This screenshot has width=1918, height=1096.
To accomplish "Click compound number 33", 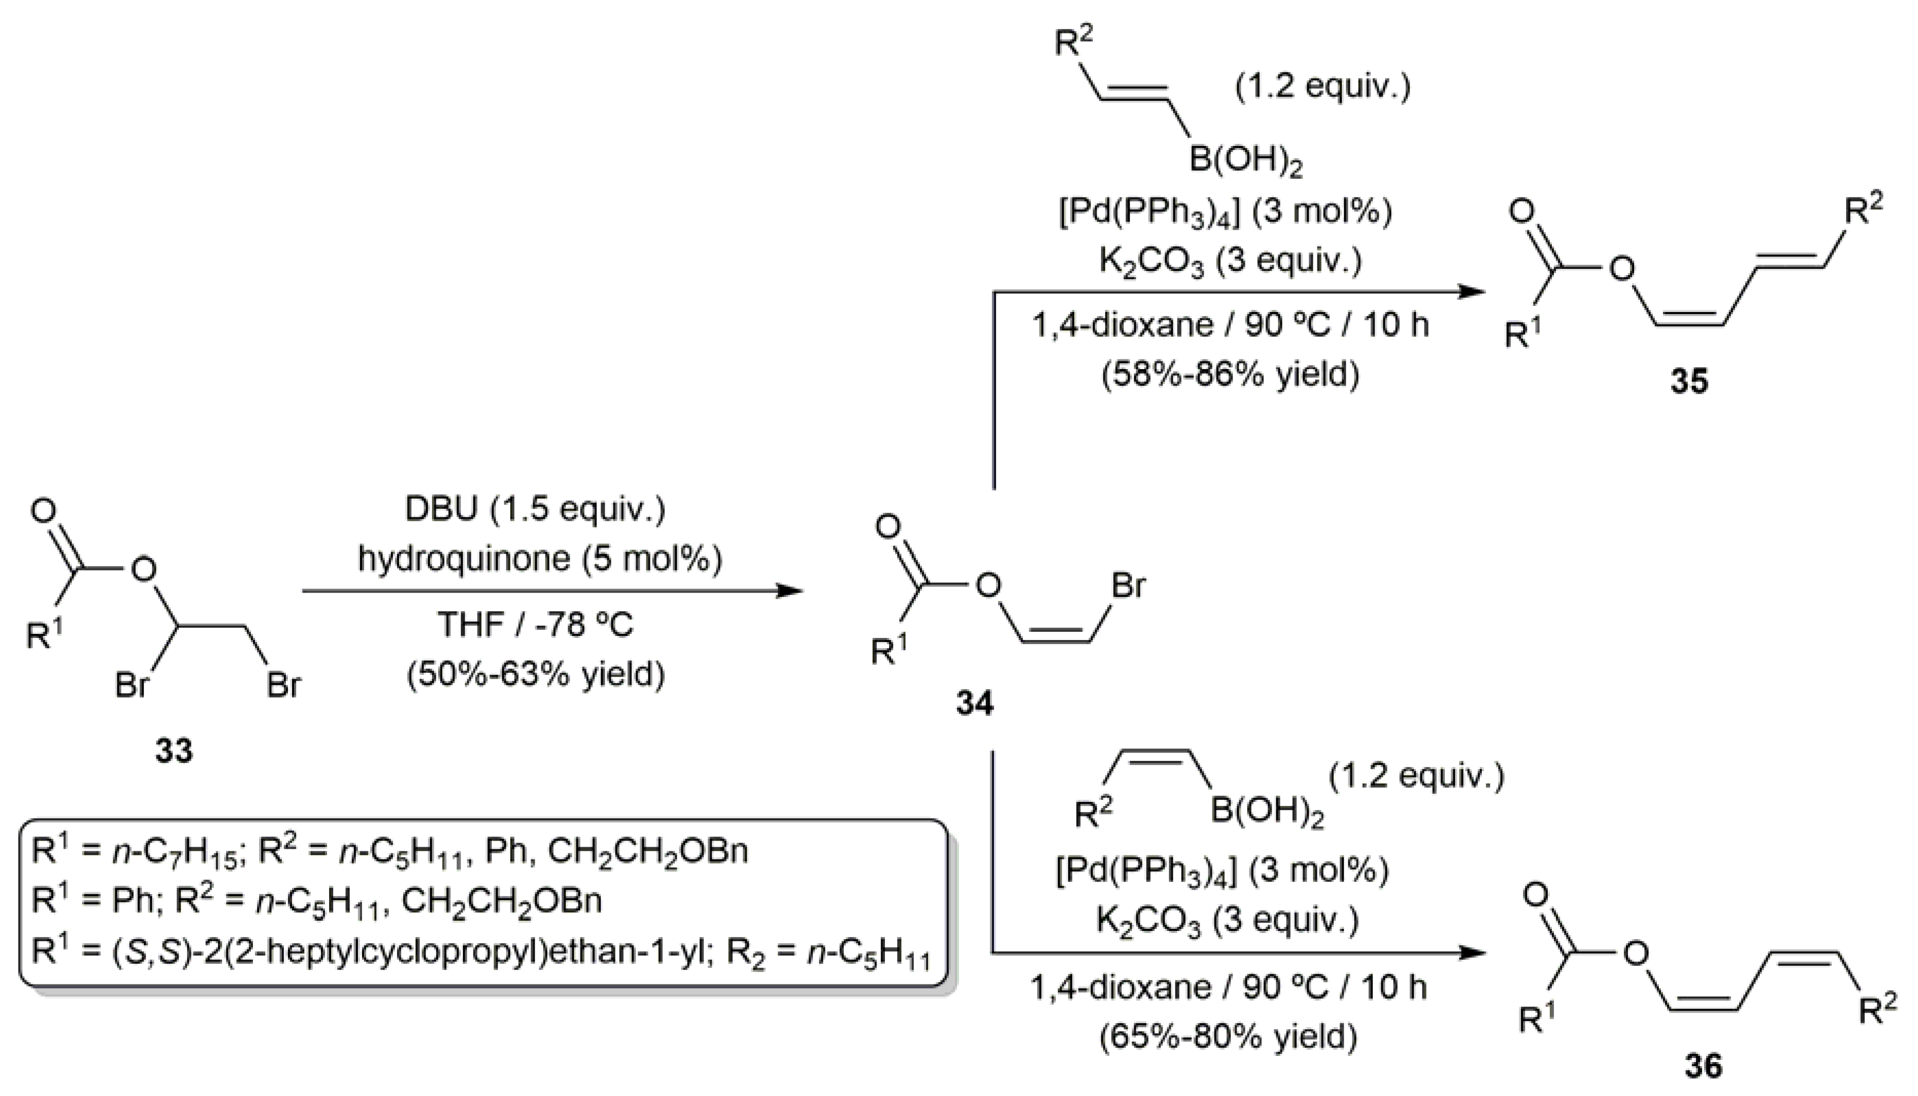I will coord(174,751).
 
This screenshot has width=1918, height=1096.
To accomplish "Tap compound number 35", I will coord(1689,381).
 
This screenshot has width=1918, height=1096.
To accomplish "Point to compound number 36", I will coord(1702,1066).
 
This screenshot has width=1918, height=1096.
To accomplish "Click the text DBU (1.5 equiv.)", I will coord(535,509).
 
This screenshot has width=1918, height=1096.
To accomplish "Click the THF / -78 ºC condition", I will coord(535,625).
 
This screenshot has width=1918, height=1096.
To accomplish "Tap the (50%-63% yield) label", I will coord(535,674).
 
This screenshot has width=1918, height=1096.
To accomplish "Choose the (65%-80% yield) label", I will coord(1228,1036).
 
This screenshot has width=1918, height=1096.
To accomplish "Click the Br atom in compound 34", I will coord(1128,585).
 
